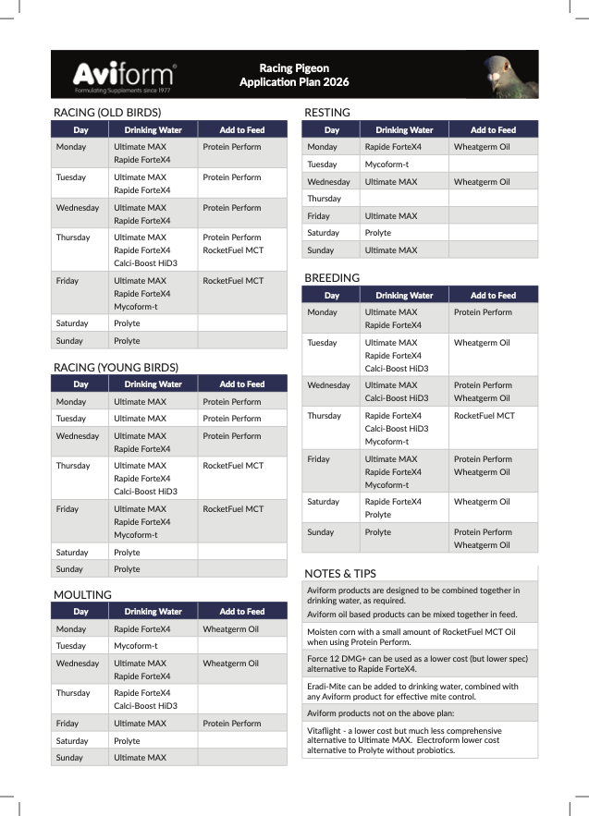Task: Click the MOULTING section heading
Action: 82,594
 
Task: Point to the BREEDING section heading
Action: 332,277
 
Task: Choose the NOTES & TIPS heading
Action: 340,573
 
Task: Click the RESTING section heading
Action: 327,113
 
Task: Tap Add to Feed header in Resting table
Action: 493,130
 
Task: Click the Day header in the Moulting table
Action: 80,612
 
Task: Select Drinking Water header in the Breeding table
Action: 404,296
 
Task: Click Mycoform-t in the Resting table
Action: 387,164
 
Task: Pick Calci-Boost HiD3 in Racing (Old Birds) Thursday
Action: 145,263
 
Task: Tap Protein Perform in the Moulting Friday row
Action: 232,724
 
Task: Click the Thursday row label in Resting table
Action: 325,199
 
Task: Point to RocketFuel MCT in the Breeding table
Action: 485,416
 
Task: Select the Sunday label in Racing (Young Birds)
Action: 69,569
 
